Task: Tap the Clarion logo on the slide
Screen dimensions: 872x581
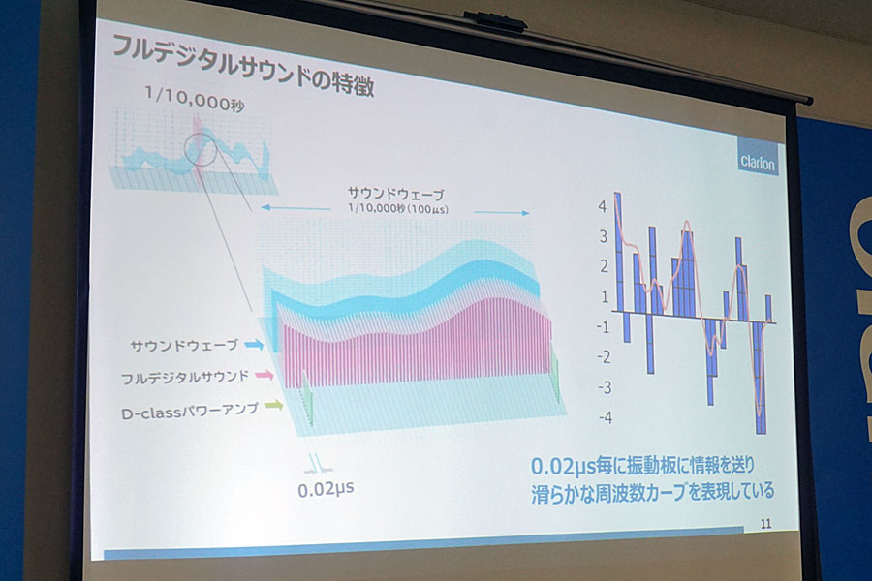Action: (758, 162)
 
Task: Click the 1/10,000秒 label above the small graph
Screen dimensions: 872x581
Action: (194, 99)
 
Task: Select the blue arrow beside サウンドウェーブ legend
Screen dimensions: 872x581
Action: (254, 346)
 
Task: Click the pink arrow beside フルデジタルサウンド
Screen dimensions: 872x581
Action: (265, 376)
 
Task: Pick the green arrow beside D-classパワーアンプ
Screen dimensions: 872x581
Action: (273, 406)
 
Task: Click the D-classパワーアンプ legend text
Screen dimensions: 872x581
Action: (190, 412)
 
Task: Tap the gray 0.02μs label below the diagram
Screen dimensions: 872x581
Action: (326, 489)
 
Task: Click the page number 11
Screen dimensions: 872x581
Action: (765, 523)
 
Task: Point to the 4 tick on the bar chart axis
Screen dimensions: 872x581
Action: (603, 207)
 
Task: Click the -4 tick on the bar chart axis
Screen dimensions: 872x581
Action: (605, 417)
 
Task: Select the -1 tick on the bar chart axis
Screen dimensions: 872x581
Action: (603, 327)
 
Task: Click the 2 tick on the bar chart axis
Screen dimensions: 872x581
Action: (604, 267)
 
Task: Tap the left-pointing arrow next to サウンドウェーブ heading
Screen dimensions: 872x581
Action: (296, 208)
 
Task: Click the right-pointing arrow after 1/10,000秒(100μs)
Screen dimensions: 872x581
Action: (502, 212)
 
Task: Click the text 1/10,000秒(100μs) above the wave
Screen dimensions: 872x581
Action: (398, 208)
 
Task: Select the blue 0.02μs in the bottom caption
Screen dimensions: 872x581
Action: (563, 466)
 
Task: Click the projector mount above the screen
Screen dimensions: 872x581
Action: (494, 22)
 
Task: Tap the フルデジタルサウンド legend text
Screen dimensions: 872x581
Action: (185, 378)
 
